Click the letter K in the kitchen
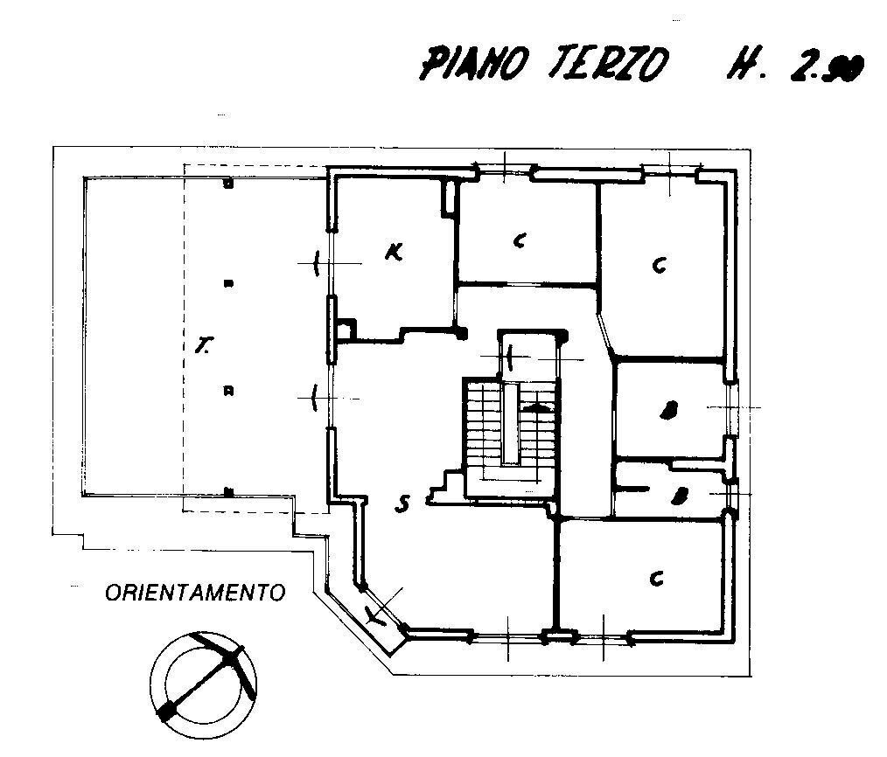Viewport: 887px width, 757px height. coord(394,253)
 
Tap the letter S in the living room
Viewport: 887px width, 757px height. coord(402,504)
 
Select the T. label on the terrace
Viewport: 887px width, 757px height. coord(203,348)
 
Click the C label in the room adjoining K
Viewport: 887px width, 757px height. coord(520,241)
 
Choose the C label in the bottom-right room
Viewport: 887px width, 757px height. coord(655,578)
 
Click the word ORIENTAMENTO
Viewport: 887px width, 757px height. coord(195,593)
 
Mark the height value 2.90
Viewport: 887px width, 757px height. coord(827,66)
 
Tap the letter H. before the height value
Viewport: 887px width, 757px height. coord(742,66)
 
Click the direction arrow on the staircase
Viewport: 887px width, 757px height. coord(537,407)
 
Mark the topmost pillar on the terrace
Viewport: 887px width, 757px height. coord(227,184)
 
